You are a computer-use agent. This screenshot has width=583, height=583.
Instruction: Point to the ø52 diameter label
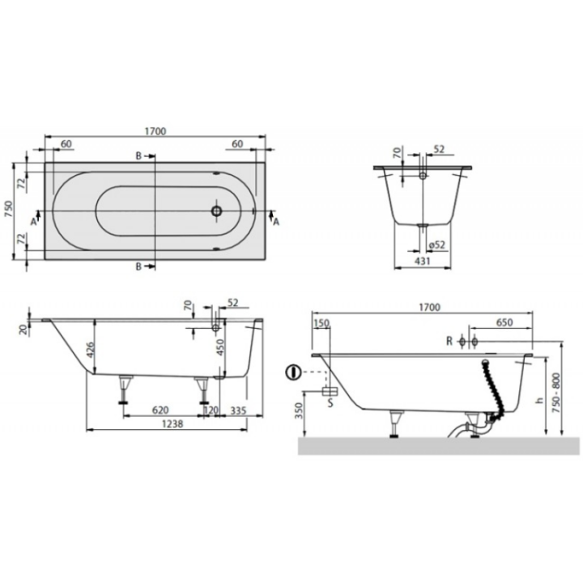click(438, 245)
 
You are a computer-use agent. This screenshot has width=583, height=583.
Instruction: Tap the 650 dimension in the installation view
click(504, 321)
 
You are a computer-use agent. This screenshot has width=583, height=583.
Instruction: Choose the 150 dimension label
click(323, 323)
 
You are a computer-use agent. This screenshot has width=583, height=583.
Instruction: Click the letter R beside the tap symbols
click(449, 340)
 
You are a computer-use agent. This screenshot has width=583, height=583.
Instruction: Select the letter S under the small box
click(330, 400)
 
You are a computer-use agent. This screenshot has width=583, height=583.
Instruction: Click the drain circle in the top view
click(216, 211)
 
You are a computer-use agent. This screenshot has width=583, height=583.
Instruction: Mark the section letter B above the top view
click(138, 155)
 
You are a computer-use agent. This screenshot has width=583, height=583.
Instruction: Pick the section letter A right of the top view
click(276, 220)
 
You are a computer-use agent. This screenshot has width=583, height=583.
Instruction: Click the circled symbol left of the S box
click(292, 373)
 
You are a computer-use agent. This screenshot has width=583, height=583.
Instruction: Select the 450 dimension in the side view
click(219, 350)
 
